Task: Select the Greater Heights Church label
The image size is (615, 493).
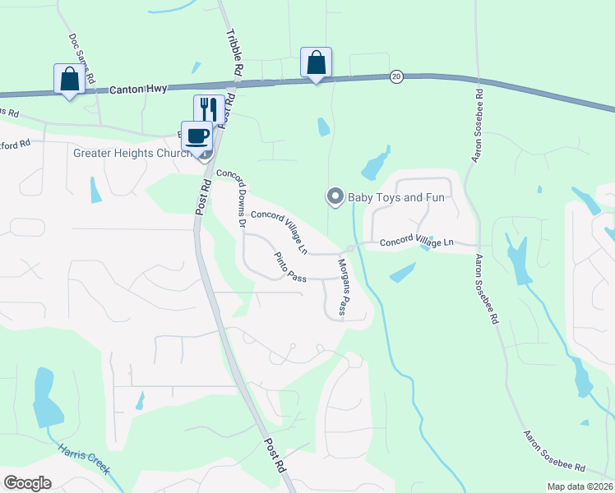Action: click(x=131, y=153)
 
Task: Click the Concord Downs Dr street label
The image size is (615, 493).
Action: click(x=231, y=198)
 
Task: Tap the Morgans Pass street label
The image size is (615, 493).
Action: click(x=344, y=288)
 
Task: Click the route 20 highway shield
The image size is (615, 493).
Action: click(x=396, y=76)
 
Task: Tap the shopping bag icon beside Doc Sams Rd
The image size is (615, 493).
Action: click(x=68, y=79)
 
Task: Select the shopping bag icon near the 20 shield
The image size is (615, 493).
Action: click(x=316, y=62)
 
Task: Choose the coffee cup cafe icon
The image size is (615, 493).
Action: click(x=197, y=135)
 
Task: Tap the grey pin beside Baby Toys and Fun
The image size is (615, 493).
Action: click(x=335, y=196)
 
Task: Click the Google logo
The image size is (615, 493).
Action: click(x=27, y=482)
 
